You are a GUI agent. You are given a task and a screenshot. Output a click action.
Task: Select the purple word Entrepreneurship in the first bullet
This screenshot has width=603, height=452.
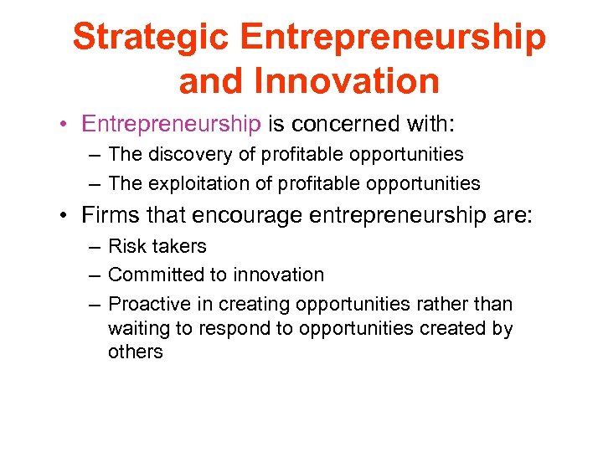[x=171, y=125]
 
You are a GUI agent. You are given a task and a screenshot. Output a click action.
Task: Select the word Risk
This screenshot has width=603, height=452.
[x=126, y=246]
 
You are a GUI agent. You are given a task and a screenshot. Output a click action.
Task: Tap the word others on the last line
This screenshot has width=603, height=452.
[x=135, y=352]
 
